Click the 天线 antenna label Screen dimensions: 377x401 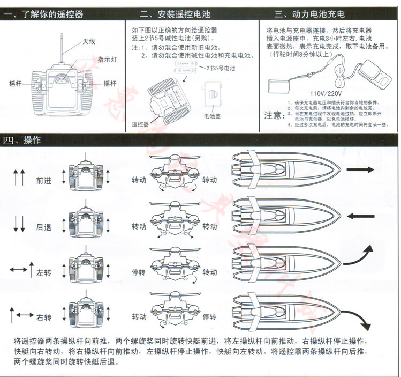89,41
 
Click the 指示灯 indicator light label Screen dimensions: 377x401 105,60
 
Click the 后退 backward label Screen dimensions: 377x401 44,227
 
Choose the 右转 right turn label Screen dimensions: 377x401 44,318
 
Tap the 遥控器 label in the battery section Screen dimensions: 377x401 140,124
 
